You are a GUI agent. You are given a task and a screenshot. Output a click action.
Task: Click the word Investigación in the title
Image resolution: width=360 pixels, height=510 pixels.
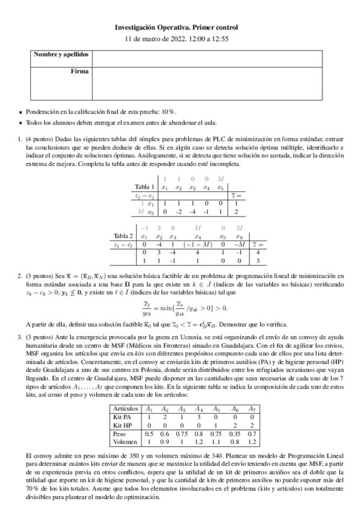(x=139, y=27)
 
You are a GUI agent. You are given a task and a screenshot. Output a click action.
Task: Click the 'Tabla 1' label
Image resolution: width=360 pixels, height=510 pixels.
(x=145, y=187)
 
